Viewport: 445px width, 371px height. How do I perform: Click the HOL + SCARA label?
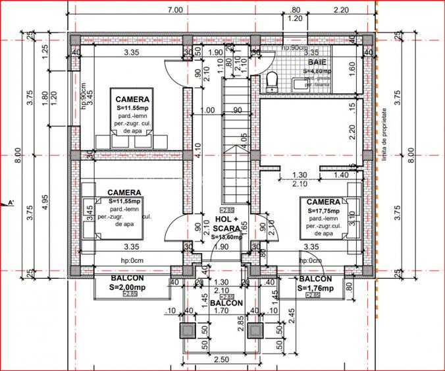pos(226,225)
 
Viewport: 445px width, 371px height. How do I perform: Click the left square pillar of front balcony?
pos(188,331)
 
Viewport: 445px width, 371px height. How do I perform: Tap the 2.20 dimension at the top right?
pos(341,10)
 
